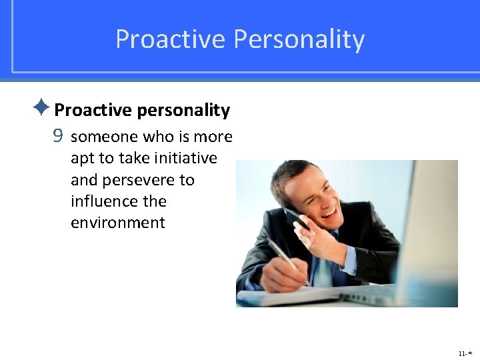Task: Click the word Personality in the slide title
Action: coord(299,40)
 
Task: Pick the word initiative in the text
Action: coord(184,159)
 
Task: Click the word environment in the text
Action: coord(117,223)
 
